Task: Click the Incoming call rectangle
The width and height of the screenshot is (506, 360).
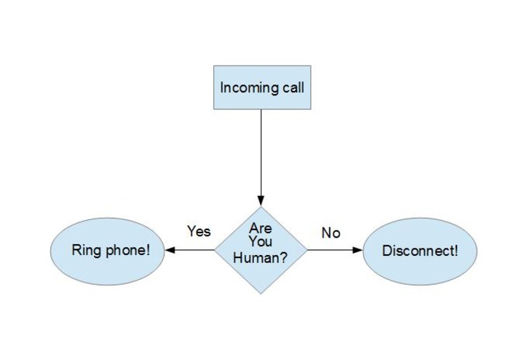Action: coord(262,87)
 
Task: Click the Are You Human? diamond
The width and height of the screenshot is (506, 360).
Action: coord(261,250)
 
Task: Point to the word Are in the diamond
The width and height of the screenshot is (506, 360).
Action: coord(261,229)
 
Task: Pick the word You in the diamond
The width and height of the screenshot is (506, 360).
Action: coord(261,241)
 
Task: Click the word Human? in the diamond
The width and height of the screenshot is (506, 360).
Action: coord(261,258)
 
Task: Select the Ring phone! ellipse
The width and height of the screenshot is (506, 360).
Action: coord(108,251)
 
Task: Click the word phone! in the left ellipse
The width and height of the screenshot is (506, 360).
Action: coord(128,251)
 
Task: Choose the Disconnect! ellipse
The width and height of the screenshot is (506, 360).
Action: coord(420,251)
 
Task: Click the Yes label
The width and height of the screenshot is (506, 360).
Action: coord(199,231)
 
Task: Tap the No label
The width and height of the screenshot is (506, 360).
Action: coord(331,232)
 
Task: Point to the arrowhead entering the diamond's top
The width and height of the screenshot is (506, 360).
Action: coord(261,201)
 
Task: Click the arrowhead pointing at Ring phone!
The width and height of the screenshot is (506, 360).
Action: coord(170,250)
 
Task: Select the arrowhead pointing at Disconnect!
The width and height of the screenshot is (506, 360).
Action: coord(357,250)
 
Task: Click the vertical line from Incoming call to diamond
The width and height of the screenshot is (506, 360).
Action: coord(261,152)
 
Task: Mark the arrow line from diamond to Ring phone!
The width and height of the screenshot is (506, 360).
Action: coord(190,250)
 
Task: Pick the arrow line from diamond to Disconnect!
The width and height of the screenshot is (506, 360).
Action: coord(335,250)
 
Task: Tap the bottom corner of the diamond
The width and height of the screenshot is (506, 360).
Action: coord(261,294)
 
